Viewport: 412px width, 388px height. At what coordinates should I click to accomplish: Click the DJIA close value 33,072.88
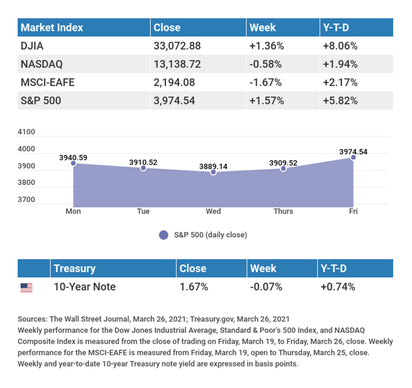177,46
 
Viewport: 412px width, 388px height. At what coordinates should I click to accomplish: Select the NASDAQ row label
42,64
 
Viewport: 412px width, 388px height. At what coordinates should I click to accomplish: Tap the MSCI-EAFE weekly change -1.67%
265,82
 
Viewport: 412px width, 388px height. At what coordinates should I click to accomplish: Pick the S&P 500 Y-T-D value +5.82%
340,100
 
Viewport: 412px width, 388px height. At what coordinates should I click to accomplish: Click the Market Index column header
52,27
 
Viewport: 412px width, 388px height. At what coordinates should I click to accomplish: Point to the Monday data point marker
73,164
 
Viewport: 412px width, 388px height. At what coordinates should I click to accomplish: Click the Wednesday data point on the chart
213,172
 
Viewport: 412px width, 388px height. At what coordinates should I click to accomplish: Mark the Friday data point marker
353,158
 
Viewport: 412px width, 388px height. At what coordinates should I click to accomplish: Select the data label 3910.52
143,162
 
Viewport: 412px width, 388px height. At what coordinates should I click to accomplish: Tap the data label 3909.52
283,163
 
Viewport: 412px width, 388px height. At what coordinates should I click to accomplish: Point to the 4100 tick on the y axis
26,132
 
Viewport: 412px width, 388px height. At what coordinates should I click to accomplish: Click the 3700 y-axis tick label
26,200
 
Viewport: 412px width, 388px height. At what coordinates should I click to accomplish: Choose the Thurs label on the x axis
283,211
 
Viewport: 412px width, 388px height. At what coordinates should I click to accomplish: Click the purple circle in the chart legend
164,235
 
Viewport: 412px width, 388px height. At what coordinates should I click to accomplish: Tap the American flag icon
27,288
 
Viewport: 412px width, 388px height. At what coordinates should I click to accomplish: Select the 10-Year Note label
85,287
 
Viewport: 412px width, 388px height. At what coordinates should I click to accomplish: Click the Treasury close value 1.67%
194,287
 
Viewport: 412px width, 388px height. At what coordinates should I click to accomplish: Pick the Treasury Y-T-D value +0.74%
338,287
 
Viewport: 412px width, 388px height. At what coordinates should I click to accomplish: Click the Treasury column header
75,269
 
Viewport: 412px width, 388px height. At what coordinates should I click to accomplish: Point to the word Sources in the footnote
33,319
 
